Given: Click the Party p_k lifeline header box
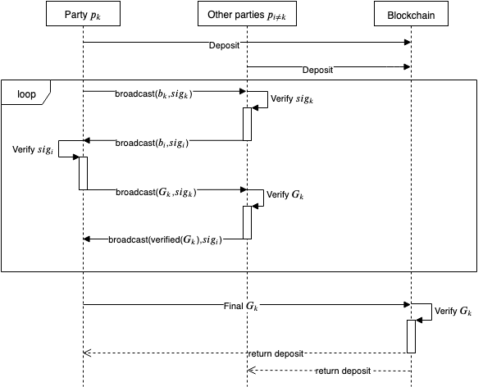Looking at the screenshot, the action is click(x=83, y=13).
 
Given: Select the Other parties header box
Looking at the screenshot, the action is click(x=247, y=13).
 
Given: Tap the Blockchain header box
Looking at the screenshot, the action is click(x=411, y=13).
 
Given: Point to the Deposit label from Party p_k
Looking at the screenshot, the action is click(x=224, y=46).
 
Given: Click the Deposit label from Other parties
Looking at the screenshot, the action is click(x=317, y=70).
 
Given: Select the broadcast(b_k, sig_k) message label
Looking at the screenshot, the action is click(x=153, y=93).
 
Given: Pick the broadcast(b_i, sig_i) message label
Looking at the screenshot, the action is click(x=152, y=143).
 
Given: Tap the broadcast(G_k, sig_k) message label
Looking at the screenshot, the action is click(x=156, y=192).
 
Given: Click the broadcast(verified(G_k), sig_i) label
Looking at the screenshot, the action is click(x=165, y=239).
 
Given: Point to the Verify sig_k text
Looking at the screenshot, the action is click(x=292, y=99).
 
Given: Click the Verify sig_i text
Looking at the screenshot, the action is click(x=33, y=150).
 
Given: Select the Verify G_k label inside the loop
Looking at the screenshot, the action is click(x=285, y=194).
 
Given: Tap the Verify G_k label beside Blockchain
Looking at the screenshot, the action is click(x=453, y=311).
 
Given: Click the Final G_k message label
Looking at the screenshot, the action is click(x=240, y=306).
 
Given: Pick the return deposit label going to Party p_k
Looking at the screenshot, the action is click(x=276, y=353).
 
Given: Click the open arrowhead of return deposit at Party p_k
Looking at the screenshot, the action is click(x=87, y=353).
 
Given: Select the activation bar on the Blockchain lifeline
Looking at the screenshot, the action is click(x=411, y=336).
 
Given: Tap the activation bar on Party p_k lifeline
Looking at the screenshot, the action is click(x=83, y=173).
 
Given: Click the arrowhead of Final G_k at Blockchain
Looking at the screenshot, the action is click(x=408, y=304).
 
